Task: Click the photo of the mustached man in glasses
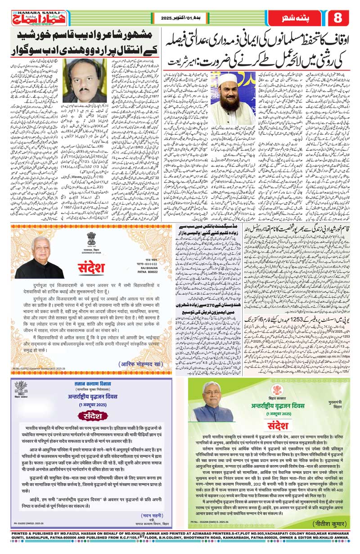point(82,81)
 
